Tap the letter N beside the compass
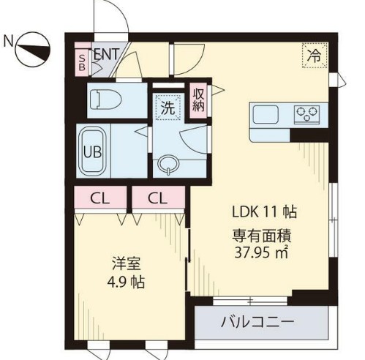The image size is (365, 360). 8,40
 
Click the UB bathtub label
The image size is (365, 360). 91,152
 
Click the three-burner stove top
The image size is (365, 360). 306,113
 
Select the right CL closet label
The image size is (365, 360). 157,197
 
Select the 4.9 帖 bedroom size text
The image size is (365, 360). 124,282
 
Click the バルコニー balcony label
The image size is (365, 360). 257,322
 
